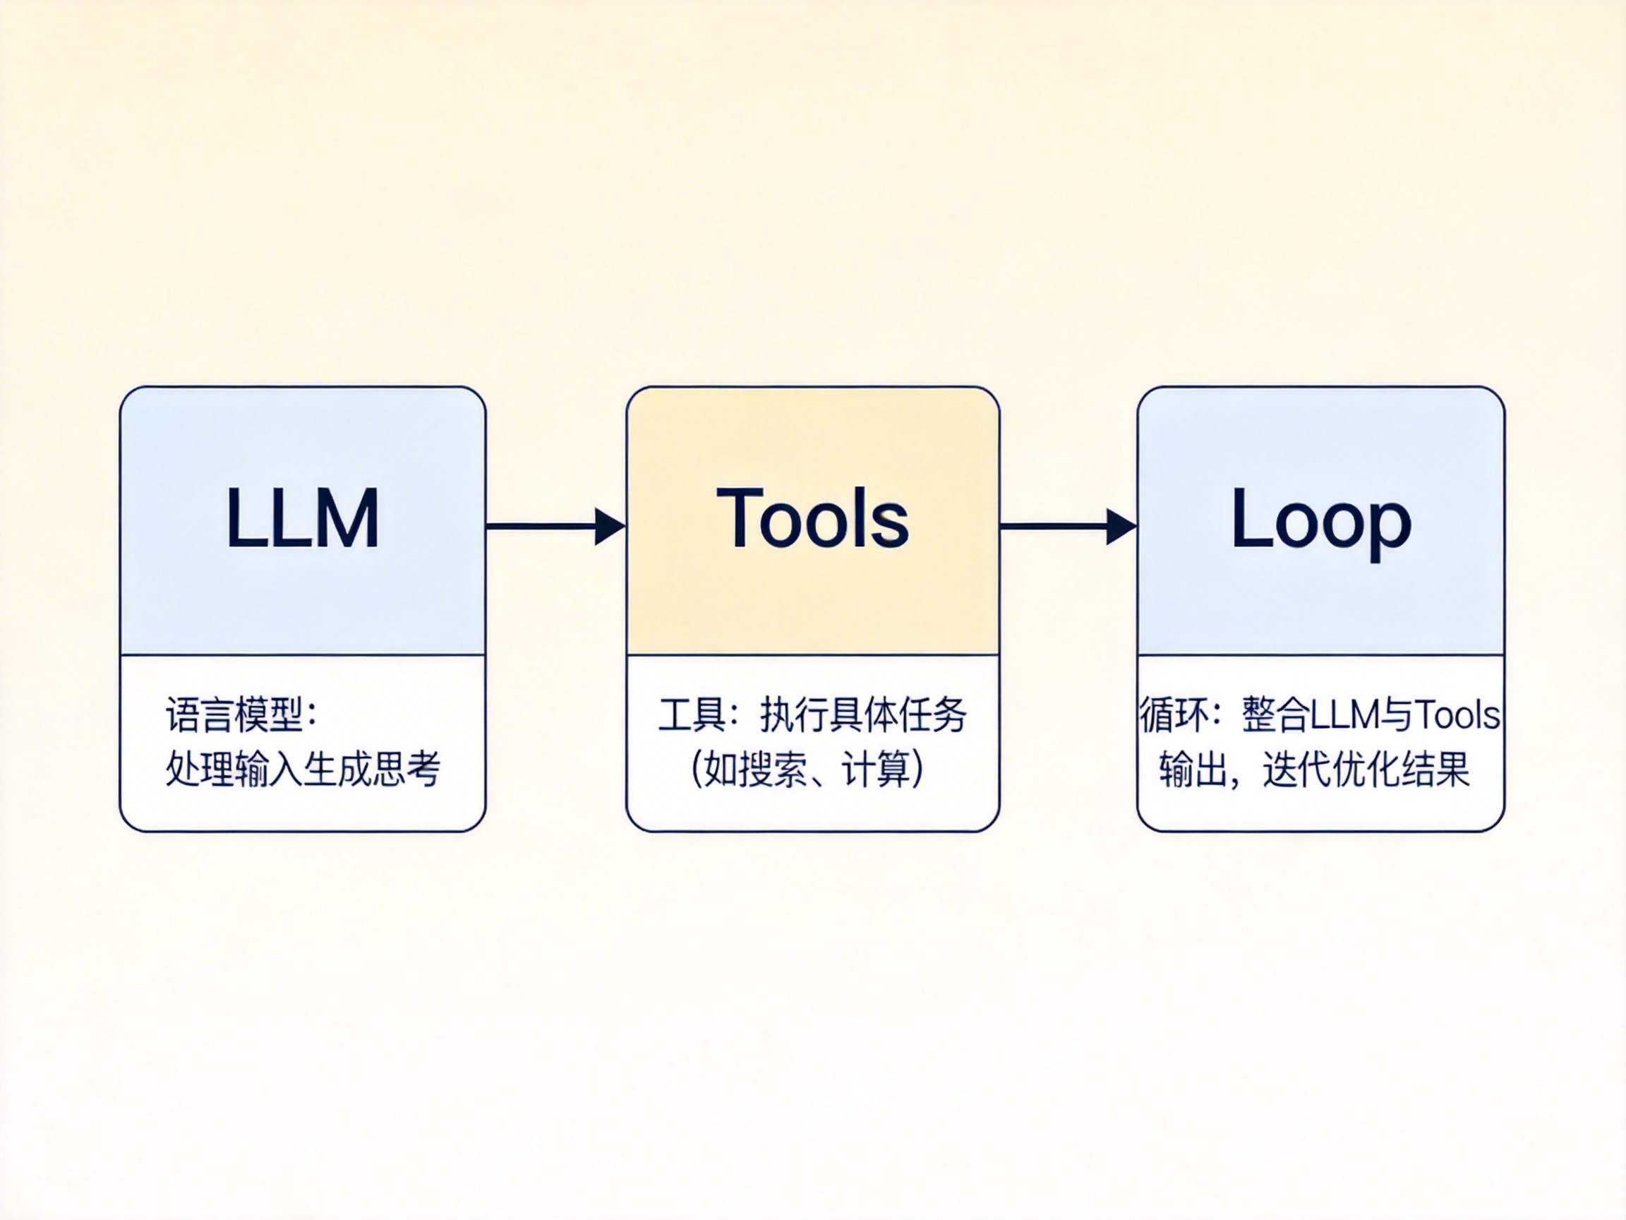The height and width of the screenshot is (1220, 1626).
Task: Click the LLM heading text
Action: tap(302, 518)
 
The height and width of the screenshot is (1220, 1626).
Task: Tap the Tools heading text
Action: tap(812, 518)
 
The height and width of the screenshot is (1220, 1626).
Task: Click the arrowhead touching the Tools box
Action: tap(608, 527)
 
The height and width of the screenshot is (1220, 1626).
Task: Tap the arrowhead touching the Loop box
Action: tap(1120, 527)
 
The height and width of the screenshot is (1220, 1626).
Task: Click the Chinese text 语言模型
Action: tap(234, 714)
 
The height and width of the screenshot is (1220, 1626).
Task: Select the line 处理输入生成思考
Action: tap(302, 770)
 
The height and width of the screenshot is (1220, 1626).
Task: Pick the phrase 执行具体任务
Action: tap(863, 714)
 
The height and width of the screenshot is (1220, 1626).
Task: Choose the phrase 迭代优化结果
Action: tap(1366, 770)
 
